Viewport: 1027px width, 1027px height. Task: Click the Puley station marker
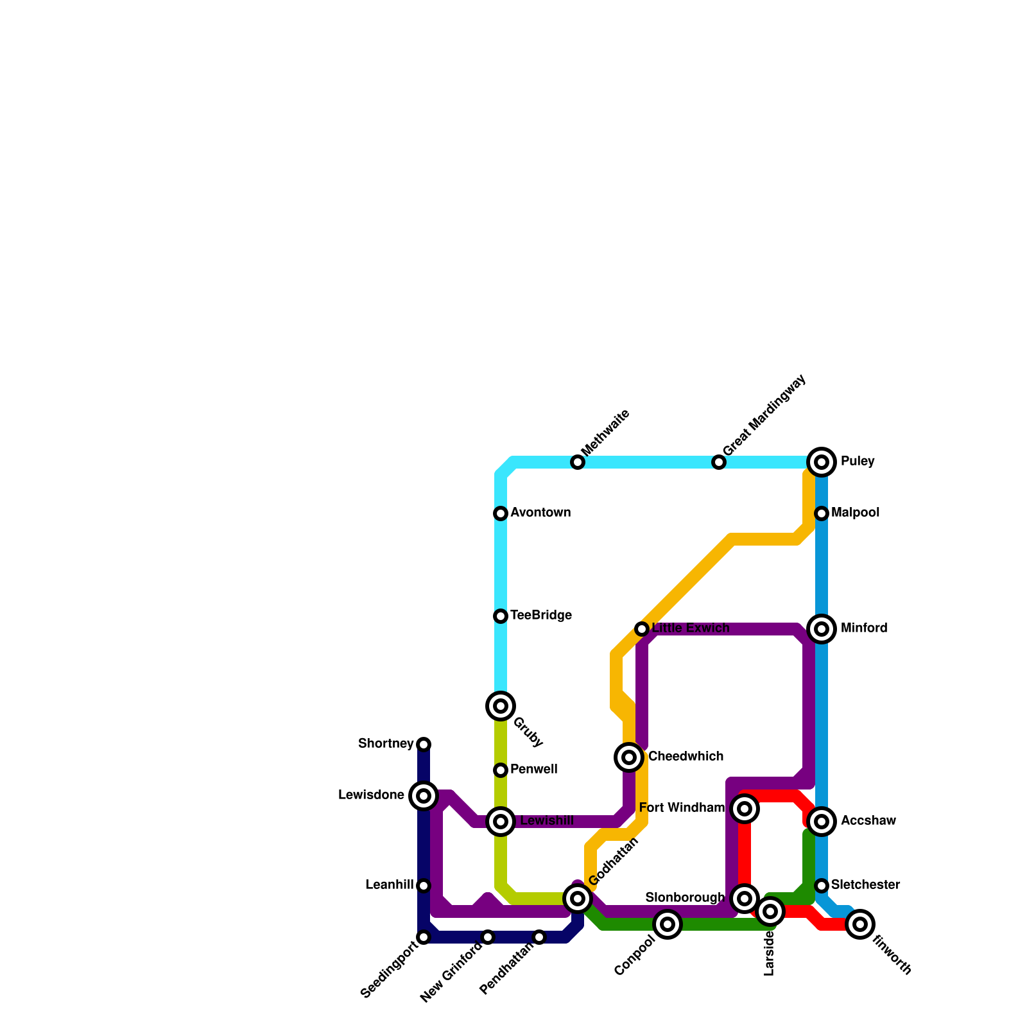click(x=822, y=462)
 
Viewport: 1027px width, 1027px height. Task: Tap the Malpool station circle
click(x=822, y=513)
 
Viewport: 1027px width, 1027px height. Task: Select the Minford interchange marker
click(x=822, y=628)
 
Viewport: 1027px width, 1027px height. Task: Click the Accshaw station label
click(x=868, y=821)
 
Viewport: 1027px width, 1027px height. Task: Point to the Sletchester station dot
click(x=822, y=886)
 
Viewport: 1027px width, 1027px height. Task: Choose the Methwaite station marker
click(x=578, y=462)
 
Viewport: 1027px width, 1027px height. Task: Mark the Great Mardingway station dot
click(x=719, y=462)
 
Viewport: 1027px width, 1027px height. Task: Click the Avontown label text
click(x=540, y=513)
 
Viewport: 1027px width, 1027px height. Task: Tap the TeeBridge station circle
click(x=501, y=616)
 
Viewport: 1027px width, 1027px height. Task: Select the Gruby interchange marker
click(x=501, y=706)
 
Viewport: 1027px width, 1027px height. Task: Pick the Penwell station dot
click(x=501, y=770)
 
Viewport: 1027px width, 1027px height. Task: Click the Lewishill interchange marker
click(x=501, y=822)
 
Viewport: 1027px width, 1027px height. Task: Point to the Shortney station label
click(x=386, y=744)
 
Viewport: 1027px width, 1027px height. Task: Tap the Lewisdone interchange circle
click(x=424, y=796)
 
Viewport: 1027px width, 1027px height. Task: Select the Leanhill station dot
click(x=424, y=886)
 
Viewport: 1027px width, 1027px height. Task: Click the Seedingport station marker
click(x=424, y=937)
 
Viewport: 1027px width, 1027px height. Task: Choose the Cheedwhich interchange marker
click(x=630, y=757)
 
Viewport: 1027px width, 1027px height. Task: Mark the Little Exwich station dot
click(x=642, y=629)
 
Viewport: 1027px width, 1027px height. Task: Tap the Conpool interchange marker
click(x=668, y=924)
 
